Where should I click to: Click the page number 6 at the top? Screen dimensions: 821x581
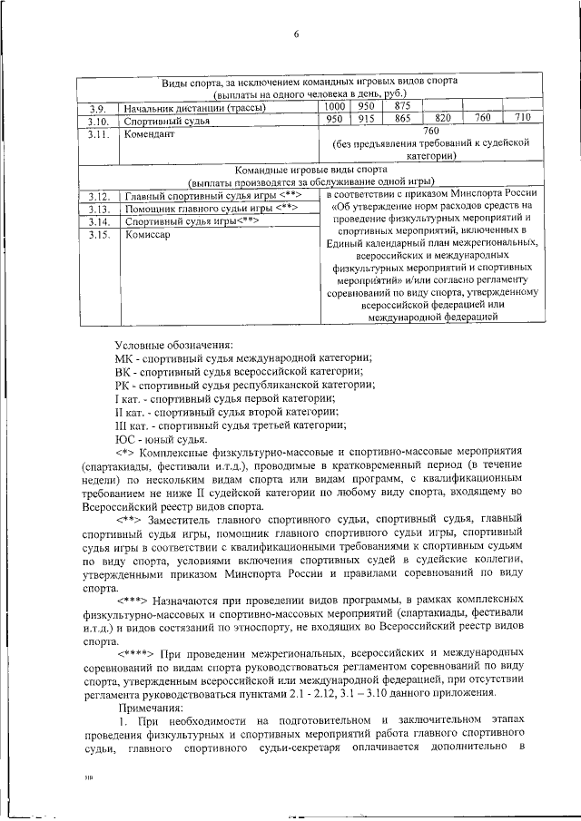297,34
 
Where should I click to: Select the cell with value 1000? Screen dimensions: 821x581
334,106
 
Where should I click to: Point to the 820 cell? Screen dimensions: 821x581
443,119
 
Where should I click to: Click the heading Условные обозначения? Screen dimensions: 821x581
173,344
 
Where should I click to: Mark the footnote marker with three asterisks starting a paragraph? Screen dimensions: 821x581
134,601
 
